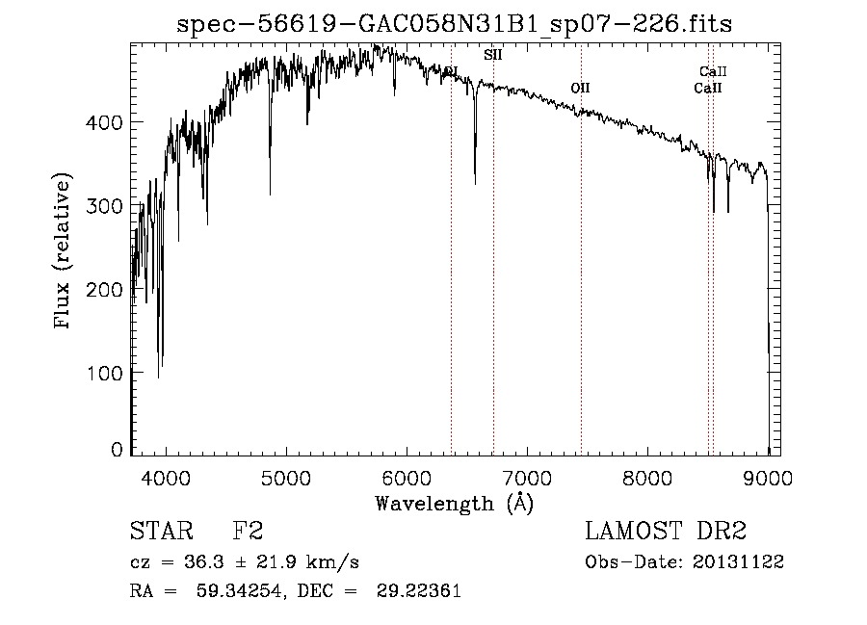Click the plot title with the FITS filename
pos(455,24)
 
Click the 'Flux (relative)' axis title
pos(65,252)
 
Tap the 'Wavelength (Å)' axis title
pos(454,503)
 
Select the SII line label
pos(492,56)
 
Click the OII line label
pos(580,89)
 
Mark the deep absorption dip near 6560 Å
pos(475,180)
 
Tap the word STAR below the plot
pos(160,532)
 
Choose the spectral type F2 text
pos(248,532)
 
